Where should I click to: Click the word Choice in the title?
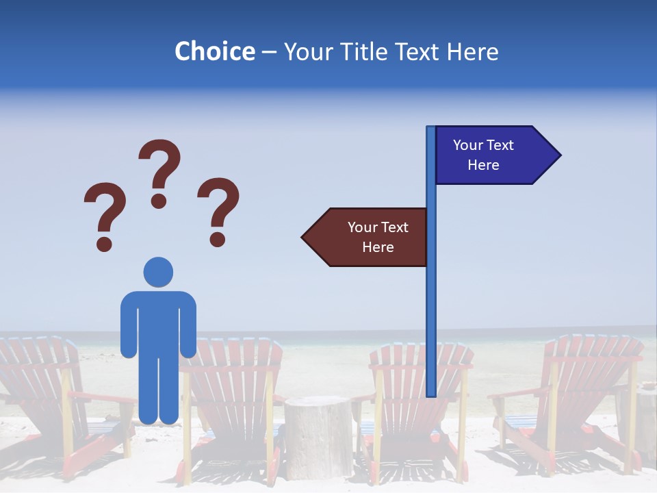214,51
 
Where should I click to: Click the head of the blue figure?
158,273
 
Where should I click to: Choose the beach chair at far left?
48,404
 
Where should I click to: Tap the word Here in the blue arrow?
483,165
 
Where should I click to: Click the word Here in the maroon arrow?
378,247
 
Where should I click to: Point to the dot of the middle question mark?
159,201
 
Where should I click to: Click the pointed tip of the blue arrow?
559,155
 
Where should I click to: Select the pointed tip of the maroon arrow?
303,238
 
